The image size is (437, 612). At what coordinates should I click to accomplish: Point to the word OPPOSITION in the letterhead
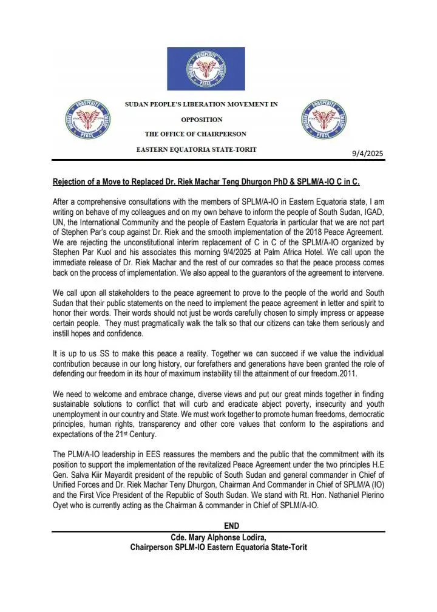point(202,120)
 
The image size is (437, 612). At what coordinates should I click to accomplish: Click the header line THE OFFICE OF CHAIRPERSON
point(195,134)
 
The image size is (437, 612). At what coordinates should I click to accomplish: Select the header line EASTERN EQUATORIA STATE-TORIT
point(197,149)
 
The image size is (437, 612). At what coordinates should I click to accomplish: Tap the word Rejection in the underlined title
point(71,182)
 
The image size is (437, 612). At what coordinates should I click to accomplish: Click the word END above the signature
point(232,526)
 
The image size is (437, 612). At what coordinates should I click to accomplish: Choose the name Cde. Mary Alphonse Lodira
point(218,537)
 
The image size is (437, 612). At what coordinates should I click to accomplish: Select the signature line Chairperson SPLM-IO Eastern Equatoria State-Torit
point(218,547)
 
